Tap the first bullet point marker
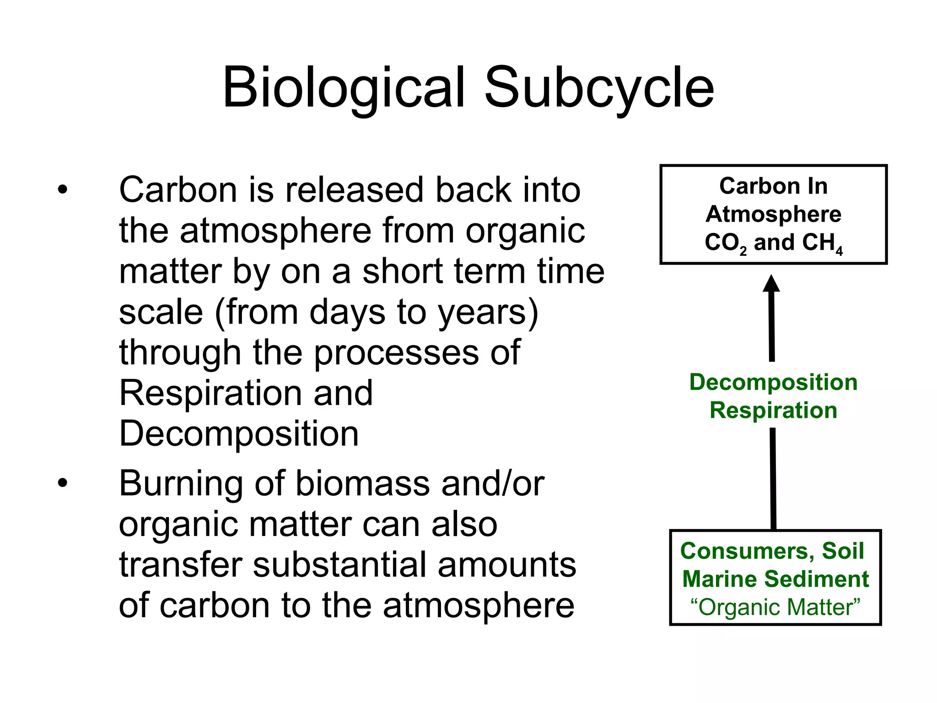63,189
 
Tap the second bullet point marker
63,483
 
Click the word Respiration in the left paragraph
210,394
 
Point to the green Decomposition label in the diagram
773,382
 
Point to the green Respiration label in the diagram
773,410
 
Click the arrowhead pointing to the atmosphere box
771,284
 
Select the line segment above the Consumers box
773,478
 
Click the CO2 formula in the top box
725,243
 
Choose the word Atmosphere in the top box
773,214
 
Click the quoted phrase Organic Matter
775,607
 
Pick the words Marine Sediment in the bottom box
775,579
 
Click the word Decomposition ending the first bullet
239,434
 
